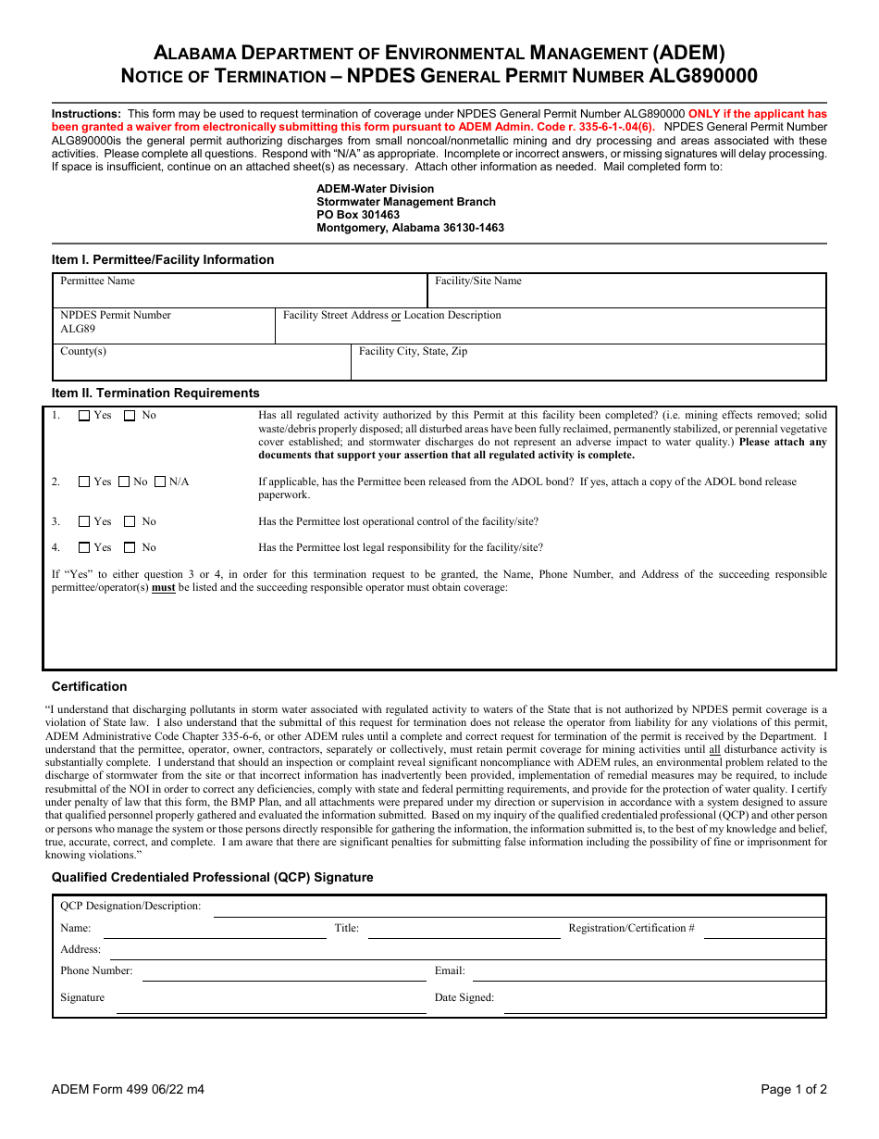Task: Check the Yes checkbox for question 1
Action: [x=84, y=416]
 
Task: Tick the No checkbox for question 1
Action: [x=130, y=416]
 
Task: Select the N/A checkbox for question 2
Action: [x=160, y=482]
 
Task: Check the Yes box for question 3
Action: [x=84, y=521]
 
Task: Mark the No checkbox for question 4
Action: [x=130, y=547]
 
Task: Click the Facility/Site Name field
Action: [x=626, y=294]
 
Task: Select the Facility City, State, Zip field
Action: [x=588, y=367]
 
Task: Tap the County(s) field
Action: [x=202, y=367]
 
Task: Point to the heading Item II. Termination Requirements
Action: [x=155, y=393]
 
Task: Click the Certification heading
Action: [x=89, y=686]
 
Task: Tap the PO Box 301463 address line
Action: [x=358, y=215]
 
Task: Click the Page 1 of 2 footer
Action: [x=793, y=1089]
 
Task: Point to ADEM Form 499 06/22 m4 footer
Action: [x=128, y=1089]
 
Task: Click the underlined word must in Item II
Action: [x=164, y=588]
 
